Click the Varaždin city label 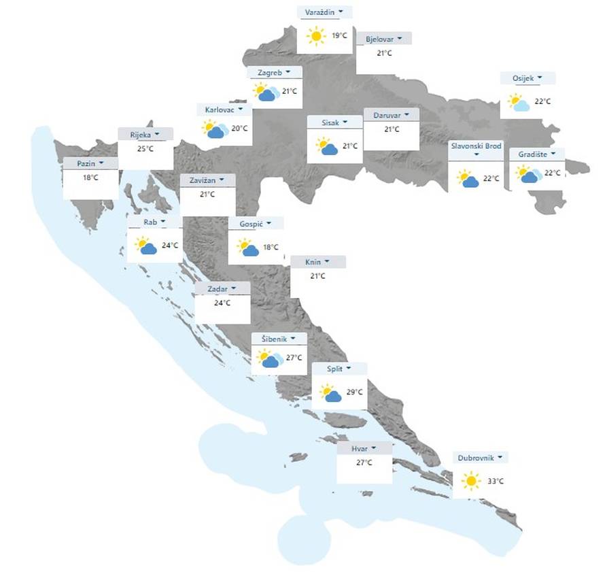click(320, 12)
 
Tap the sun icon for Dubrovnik click(470, 482)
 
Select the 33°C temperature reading click(496, 482)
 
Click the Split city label click(334, 368)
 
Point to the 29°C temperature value click(355, 392)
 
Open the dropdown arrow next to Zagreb click(288, 71)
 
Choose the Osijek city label click(523, 78)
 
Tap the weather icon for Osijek click(519, 103)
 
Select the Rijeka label click(141, 135)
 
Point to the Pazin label click(86, 164)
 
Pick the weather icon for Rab click(145, 246)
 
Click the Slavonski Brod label click(474, 146)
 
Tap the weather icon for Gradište click(529, 174)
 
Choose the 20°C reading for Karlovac click(239, 128)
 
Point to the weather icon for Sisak click(327, 146)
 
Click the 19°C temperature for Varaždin click(340, 35)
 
